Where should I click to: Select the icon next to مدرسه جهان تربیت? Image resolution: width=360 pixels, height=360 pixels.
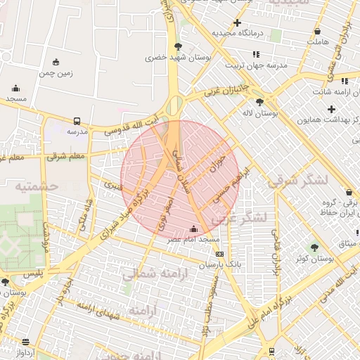(256, 53)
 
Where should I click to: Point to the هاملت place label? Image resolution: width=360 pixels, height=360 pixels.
(318, 42)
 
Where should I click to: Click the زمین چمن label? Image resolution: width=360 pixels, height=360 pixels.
(57, 72)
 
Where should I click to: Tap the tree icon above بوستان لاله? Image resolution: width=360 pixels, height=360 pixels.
(259, 103)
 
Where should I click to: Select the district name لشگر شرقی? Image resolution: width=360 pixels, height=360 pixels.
(298, 181)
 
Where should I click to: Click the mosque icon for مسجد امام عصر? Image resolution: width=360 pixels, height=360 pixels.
(194, 229)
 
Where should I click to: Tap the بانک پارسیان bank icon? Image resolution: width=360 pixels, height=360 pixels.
(220, 254)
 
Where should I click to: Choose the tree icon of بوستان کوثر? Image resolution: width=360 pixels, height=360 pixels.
(314, 247)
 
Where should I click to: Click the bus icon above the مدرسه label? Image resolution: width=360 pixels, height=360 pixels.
(77, 120)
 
